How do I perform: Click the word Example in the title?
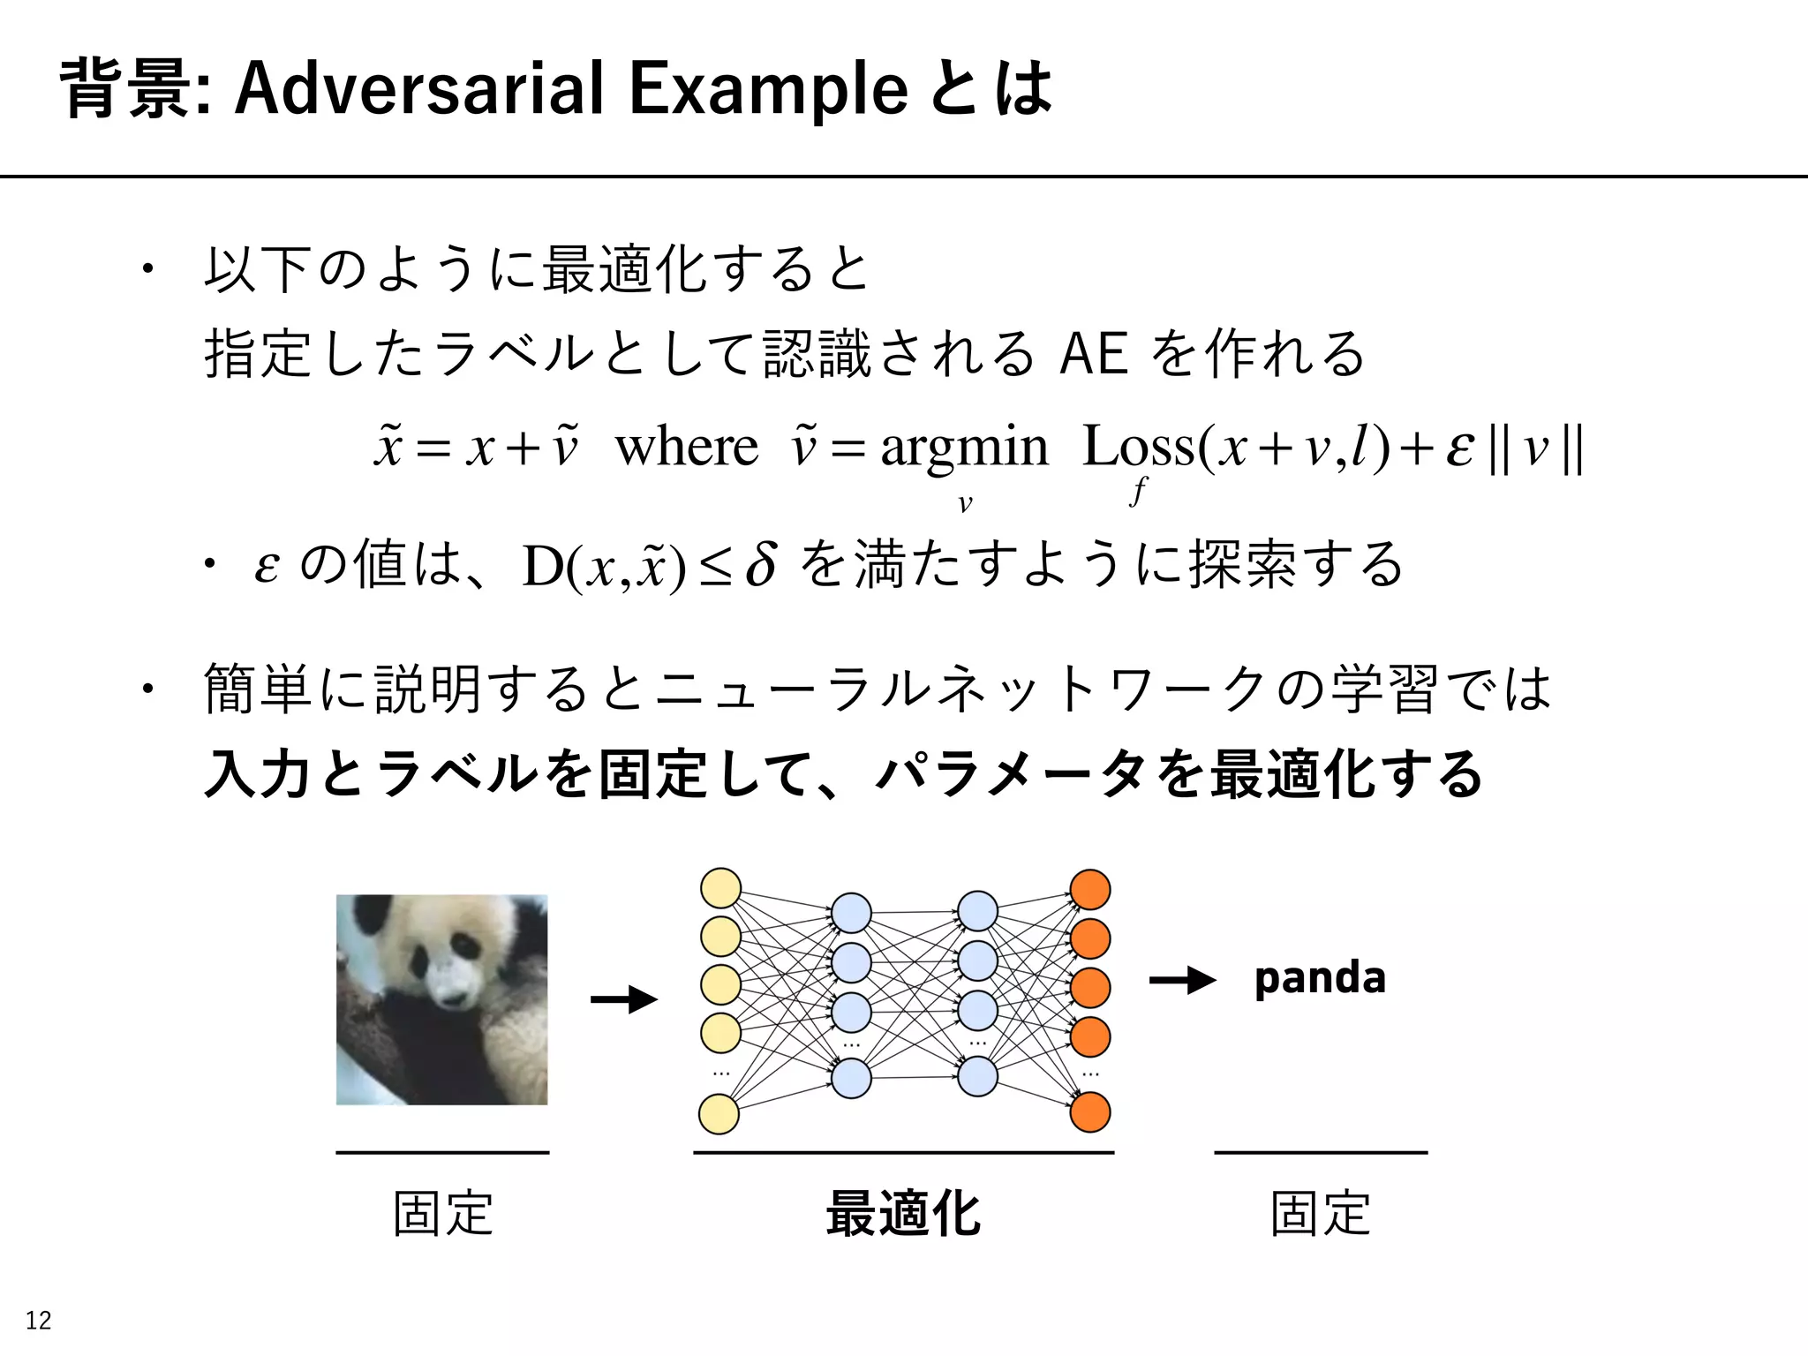768,90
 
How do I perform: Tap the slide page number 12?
38,1321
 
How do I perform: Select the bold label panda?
1320,978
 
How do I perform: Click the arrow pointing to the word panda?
1183,980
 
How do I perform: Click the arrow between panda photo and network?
624,999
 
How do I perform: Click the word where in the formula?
686,447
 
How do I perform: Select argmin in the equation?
964,448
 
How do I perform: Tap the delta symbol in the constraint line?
761,565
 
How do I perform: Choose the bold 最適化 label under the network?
903,1214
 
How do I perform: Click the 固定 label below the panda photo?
442,1214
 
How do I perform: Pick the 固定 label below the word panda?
1320,1214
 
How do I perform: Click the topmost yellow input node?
720,888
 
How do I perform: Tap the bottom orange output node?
1090,1112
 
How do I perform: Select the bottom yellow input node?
719,1114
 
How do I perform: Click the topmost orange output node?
1090,890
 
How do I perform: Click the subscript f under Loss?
1139,491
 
